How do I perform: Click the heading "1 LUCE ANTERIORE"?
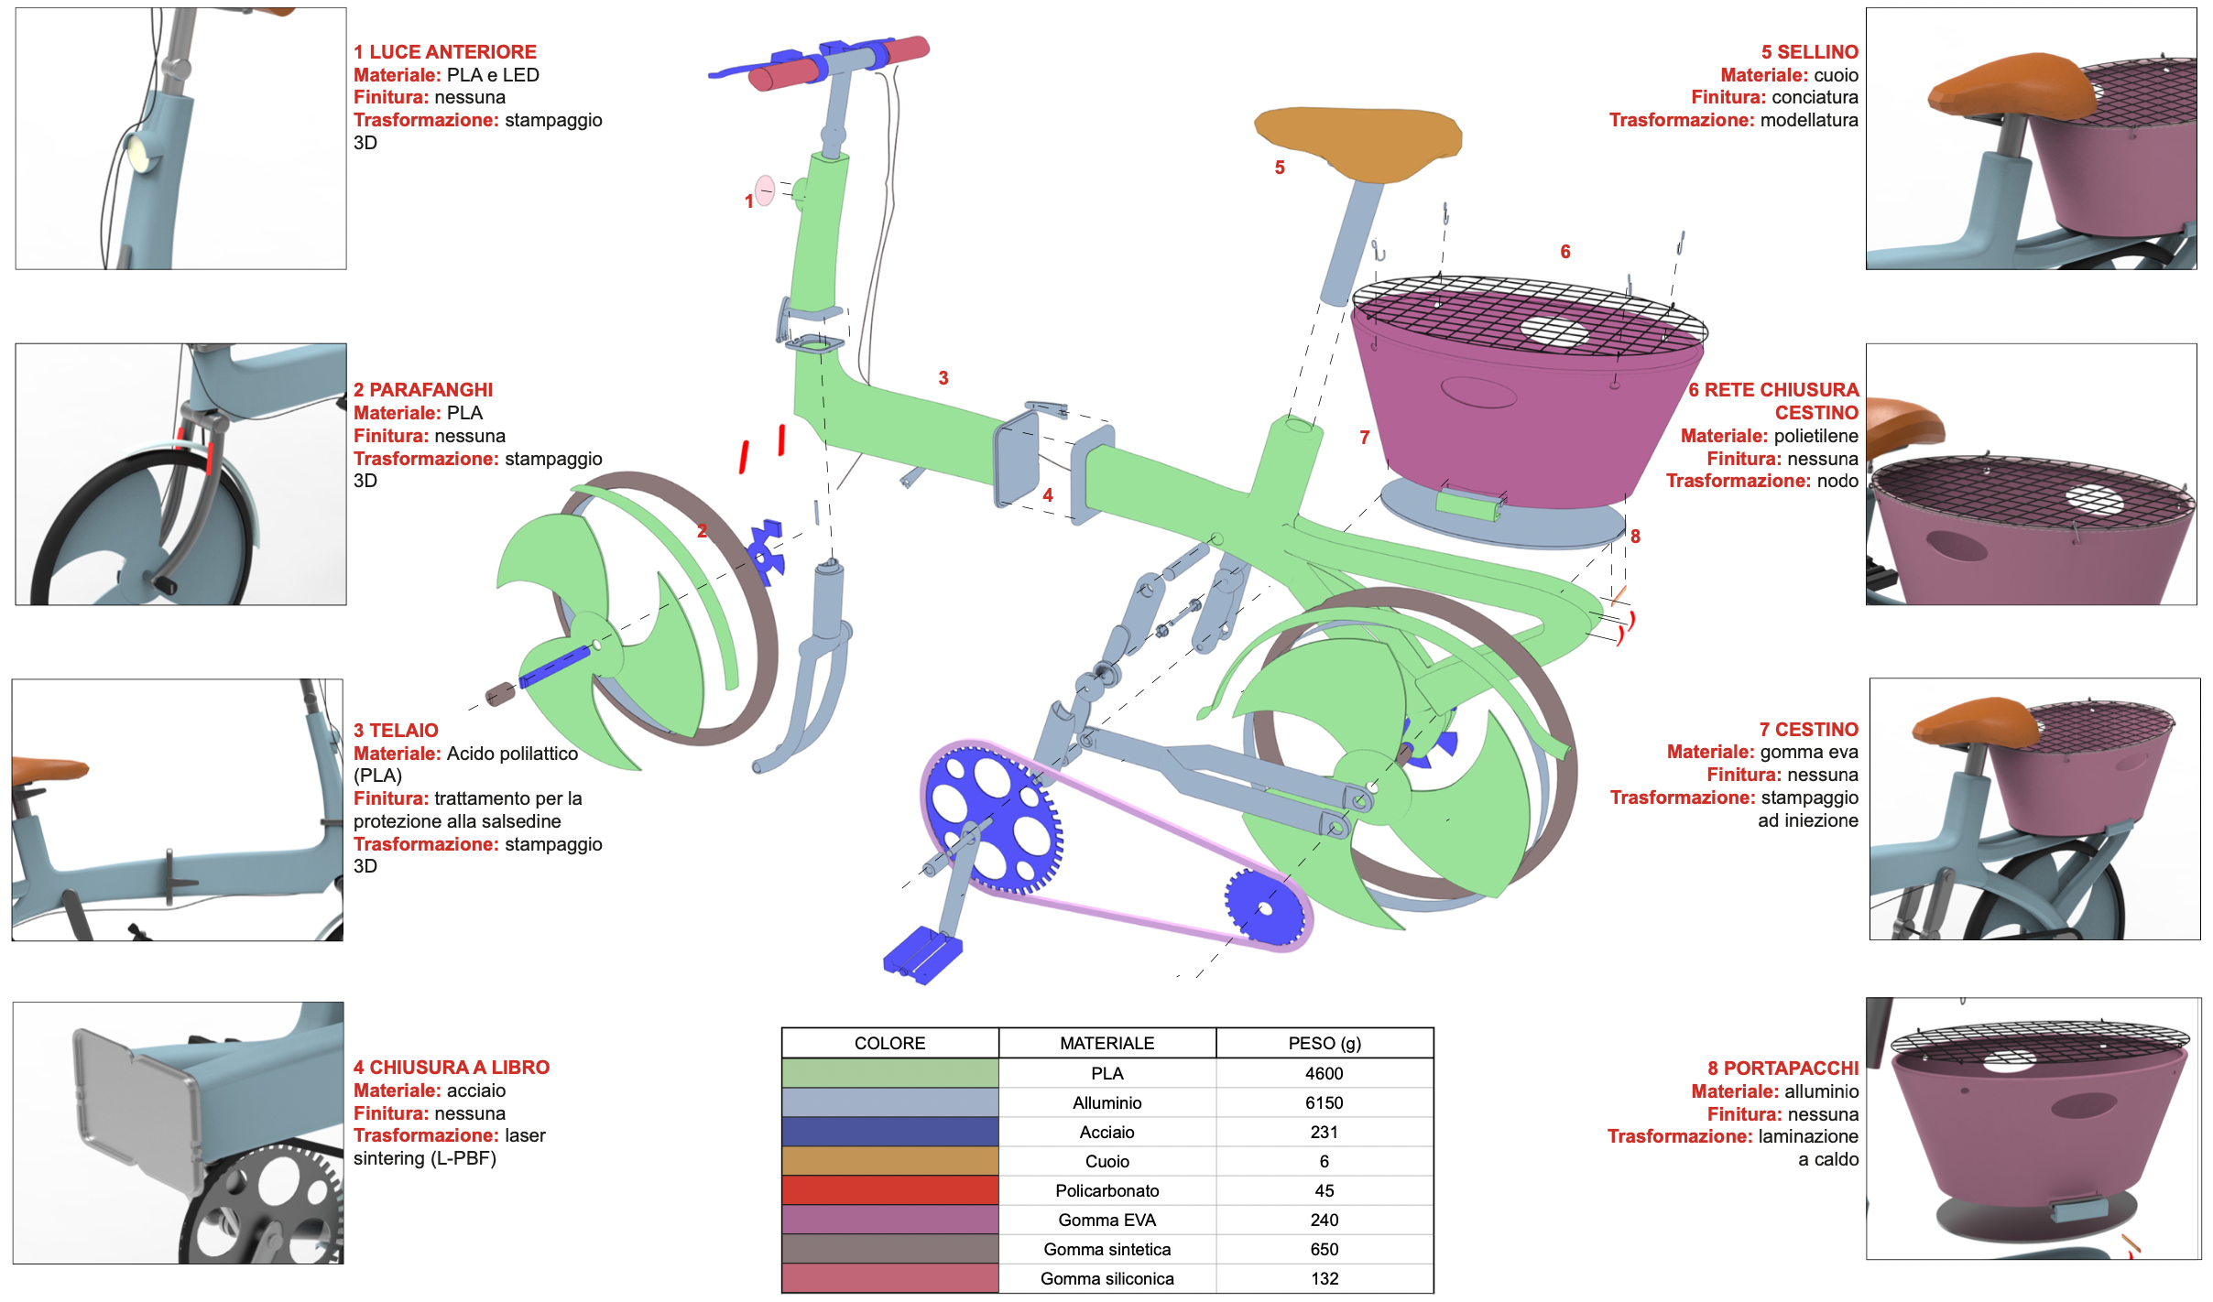tap(445, 52)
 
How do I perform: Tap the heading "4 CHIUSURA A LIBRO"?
tap(452, 1068)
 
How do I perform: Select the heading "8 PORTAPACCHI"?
tap(1782, 1069)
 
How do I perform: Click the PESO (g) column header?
tap(1325, 1043)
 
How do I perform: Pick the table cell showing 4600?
tap(1325, 1073)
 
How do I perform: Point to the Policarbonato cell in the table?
tap(1106, 1190)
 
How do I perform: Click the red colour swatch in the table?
tap(889, 1190)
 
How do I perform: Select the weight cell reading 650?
tap(1325, 1249)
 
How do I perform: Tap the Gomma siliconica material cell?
tap(1106, 1278)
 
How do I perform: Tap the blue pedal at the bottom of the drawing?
tap(921, 955)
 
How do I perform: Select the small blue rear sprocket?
tap(1264, 907)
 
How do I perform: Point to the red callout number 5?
tap(1280, 168)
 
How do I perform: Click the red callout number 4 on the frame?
tap(1048, 495)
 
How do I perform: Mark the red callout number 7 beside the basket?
tap(1365, 438)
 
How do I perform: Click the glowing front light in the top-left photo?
tap(141, 151)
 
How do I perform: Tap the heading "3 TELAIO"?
tap(396, 731)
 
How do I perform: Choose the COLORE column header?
tap(889, 1043)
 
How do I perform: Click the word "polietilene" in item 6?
tap(1815, 436)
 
